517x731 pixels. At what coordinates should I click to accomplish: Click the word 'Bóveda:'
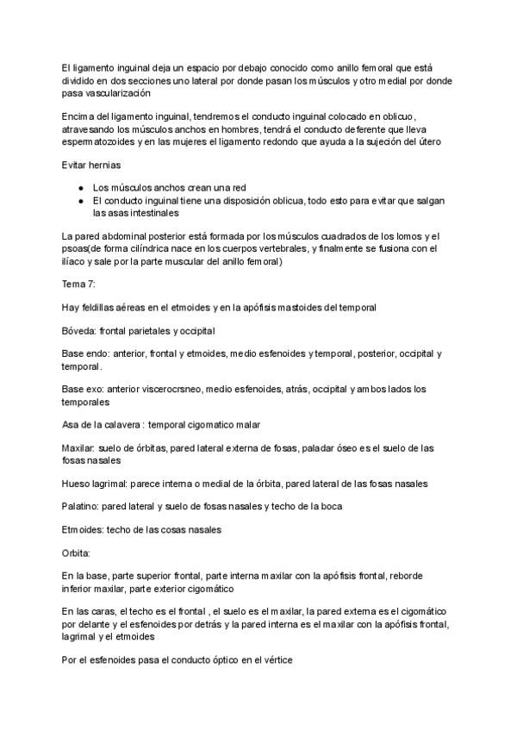tap(80, 330)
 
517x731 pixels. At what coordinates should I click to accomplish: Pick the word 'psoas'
tap(77, 249)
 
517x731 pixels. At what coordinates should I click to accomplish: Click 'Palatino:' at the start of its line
tap(84, 506)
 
